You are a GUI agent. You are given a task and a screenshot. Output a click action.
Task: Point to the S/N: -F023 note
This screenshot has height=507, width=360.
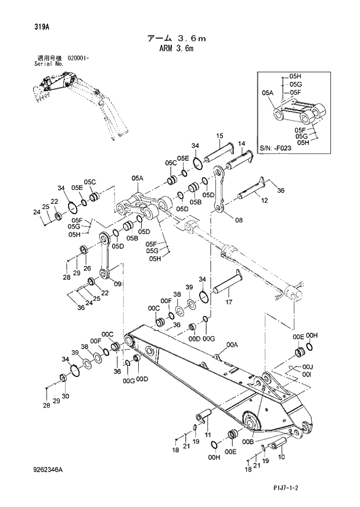(x=276, y=148)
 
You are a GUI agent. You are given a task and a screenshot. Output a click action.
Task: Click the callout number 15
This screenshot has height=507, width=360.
(x=220, y=136)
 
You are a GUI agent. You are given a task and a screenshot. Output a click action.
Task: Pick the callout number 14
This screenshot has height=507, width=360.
(x=242, y=143)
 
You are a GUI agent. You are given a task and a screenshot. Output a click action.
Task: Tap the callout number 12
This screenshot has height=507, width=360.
(x=264, y=200)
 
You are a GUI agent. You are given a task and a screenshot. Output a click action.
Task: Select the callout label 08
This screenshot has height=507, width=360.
(x=239, y=220)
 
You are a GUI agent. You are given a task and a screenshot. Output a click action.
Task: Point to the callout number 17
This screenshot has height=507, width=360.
(x=229, y=302)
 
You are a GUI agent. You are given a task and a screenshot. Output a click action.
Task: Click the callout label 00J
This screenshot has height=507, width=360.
(x=308, y=366)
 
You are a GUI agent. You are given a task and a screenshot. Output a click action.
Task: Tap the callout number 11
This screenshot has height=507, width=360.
(x=207, y=434)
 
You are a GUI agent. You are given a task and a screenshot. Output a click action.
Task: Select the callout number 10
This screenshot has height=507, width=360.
(x=282, y=457)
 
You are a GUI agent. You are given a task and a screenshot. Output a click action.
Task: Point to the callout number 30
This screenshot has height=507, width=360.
(x=64, y=397)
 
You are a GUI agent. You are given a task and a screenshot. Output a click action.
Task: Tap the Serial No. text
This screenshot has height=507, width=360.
(x=49, y=64)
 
